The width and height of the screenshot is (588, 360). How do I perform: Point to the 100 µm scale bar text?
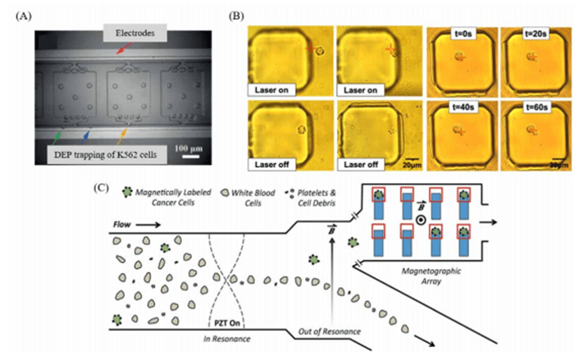(189, 152)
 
